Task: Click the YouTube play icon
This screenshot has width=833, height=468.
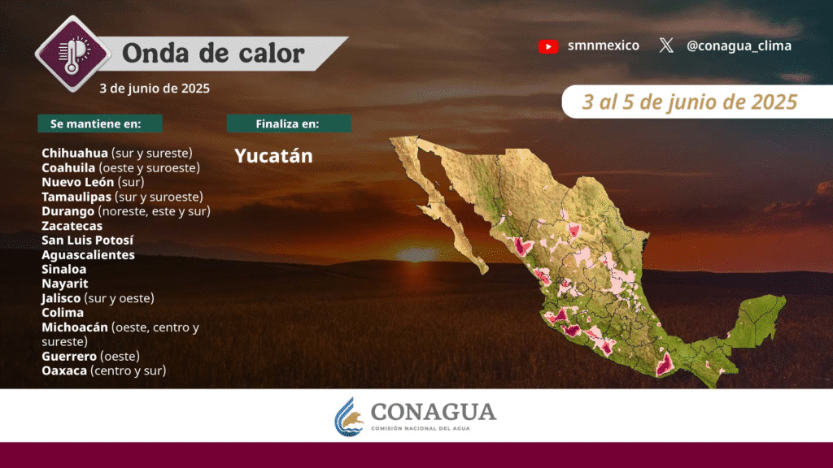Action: (548, 46)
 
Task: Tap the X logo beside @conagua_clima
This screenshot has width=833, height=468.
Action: (666, 45)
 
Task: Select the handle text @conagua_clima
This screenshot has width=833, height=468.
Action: (739, 46)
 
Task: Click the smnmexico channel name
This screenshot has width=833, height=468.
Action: (604, 45)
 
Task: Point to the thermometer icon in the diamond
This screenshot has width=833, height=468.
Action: (72, 54)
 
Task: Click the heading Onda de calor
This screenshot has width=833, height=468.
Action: (214, 53)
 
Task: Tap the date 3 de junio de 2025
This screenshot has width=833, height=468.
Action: (155, 88)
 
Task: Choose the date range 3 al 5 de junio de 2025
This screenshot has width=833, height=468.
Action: (690, 102)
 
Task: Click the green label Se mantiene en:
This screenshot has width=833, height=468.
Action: (100, 123)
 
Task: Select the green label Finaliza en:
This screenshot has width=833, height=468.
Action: (289, 123)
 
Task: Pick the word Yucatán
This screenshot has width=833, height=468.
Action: (273, 155)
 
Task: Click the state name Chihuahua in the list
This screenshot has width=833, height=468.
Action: (75, 153)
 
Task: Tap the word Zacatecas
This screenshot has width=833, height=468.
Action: (72, 226)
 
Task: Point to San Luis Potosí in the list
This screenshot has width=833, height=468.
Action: (88, 240)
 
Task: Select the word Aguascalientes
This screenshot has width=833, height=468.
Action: (88, 254)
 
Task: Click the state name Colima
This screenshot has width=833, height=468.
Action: (63, 313)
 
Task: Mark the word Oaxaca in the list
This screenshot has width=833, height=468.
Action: (64, 370)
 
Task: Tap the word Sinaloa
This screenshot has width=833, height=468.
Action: (63, 269)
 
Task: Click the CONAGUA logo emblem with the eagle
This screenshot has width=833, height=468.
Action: (349, 417)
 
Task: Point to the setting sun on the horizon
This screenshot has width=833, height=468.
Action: (417, 254)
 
